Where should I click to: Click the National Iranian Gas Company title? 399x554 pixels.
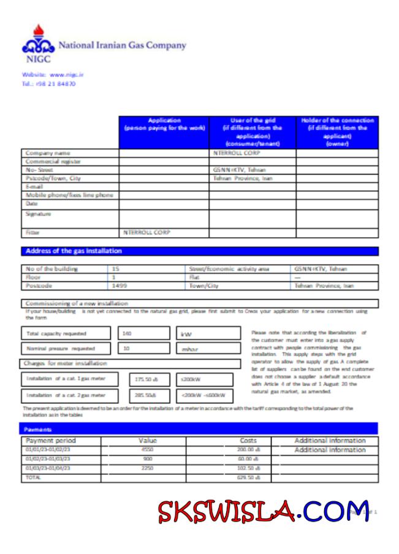click(x=122, y=45)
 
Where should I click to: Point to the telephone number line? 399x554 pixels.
click(x=48, y=84)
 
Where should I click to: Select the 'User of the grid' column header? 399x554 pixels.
click(x=253, y=132)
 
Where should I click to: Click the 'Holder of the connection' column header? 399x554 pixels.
click(x=337, y=132)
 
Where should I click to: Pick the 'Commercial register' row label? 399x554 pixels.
click(x=53, y=161)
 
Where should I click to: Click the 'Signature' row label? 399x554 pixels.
click(x=38, y=214)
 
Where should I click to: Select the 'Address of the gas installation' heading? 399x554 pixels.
click(x=73, y=251)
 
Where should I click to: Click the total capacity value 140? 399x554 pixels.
click(x=127, y=333)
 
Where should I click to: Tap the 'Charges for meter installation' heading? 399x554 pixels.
click(x=65, y=363)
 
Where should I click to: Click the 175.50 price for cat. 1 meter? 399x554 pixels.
click(x=146, y=379)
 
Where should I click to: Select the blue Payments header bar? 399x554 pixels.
click(x=200, y=430)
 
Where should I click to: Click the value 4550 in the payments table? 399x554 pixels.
click(x=147, y=450)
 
